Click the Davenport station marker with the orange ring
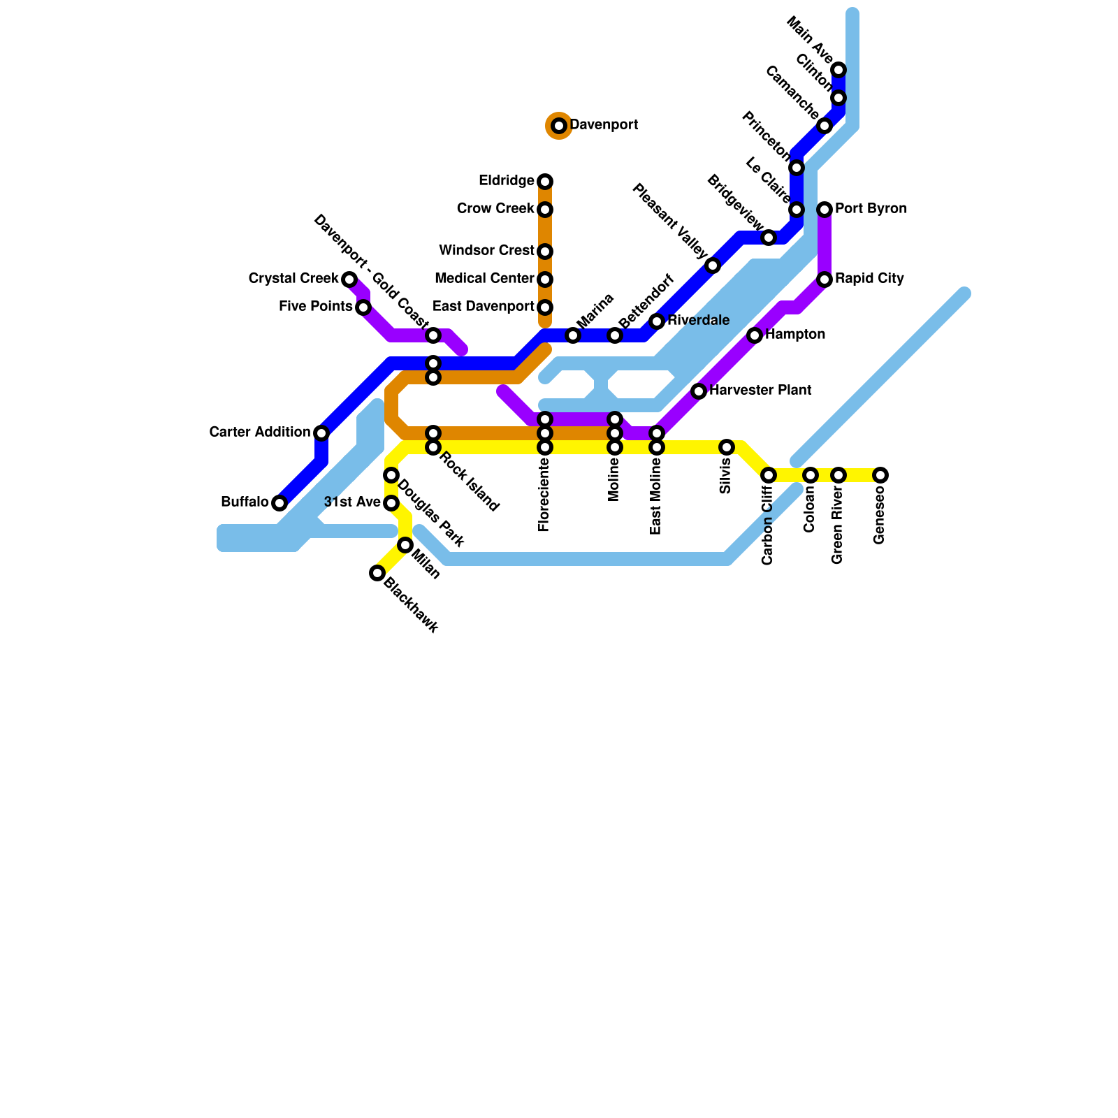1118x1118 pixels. (559, 126)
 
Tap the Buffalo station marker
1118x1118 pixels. (279, 503)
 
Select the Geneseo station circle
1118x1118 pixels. (880, 475)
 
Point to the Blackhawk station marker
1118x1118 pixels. (377, 573)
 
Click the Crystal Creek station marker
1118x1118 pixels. (349, 279)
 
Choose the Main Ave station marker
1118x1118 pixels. (838, 70)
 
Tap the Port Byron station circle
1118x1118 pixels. (825, 210)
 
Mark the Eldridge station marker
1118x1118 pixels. (545, 182)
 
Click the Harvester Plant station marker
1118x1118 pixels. (699, 391)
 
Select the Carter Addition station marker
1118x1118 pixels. (321, 433)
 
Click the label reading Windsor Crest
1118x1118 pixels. (486, 251)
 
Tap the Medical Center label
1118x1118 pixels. (484, 279)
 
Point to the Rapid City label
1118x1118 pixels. (869, 279)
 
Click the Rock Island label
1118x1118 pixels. (469, 483)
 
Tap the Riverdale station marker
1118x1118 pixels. (657, 321)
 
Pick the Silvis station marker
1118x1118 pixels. (727, 447)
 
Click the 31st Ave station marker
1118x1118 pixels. (391, 503)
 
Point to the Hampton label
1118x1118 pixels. (795, 335)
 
